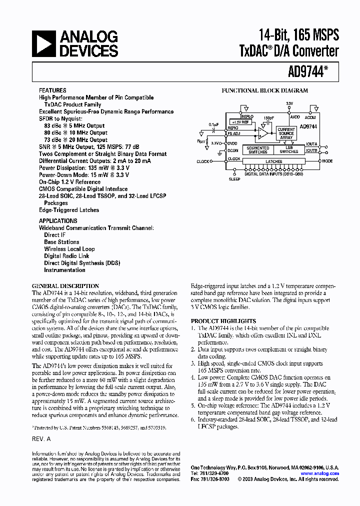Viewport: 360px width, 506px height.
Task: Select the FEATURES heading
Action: (52, 90)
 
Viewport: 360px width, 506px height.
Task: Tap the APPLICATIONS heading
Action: (58, 220)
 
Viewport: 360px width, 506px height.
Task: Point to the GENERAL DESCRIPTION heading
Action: (65, 286)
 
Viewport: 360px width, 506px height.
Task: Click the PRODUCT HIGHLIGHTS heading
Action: (223, 321)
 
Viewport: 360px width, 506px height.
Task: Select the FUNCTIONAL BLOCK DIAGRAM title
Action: (264, 91)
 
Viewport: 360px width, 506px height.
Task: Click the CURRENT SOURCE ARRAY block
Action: (286, 133)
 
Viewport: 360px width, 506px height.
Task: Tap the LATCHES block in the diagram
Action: (274, 161)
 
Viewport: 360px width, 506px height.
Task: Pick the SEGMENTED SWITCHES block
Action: (258, 150)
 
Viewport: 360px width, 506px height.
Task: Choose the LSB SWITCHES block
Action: (288, 150)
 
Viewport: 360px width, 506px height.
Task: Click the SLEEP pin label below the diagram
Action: (234, 178)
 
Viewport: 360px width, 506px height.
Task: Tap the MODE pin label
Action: (327, 161)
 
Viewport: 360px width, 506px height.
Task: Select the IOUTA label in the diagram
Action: (312, 143)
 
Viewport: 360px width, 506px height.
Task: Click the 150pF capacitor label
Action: (269, 118)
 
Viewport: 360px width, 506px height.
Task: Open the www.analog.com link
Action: (319, 473)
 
